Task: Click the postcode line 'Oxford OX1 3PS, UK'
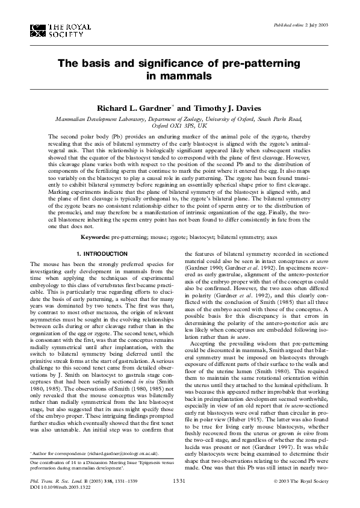pos(180,126)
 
